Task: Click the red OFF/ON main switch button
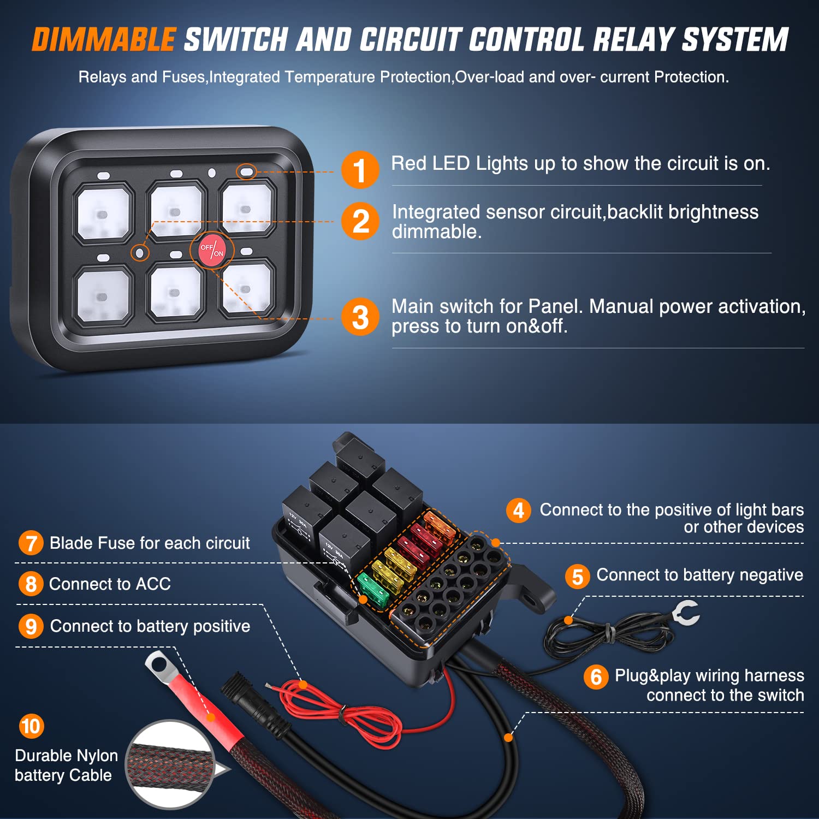point(211,250)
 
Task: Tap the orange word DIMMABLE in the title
point(104,40)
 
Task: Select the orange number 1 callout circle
point(360,170)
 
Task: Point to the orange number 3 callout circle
point(360,317)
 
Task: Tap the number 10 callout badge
point(31,726)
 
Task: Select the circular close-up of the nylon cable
point(171,764)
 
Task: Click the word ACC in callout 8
point(153,584)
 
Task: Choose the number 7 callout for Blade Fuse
point(31,543)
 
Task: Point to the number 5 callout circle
point(577,577)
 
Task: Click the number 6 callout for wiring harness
point(596,677)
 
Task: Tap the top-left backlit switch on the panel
point(103,213)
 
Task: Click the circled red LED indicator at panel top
point(246,172)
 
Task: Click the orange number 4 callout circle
point(518,511)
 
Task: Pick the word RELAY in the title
point(633,40)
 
